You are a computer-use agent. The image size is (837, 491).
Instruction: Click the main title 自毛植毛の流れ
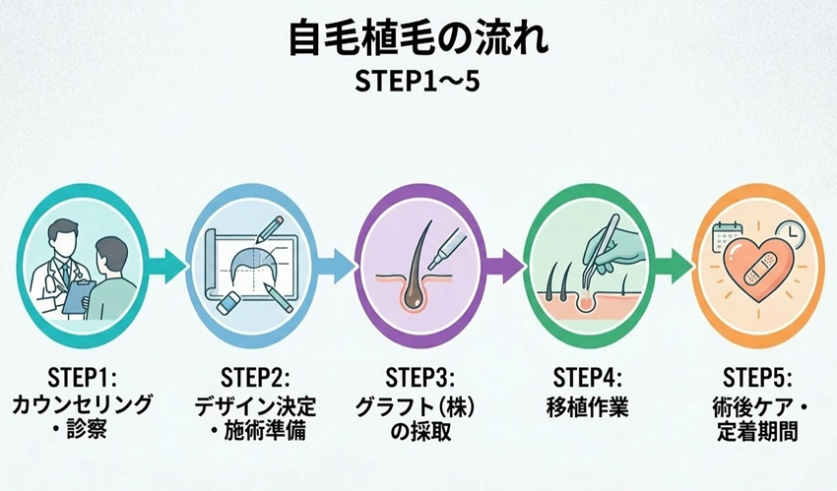(x=418, y=38)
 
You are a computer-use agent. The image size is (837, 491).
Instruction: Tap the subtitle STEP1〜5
(x=418, y=82)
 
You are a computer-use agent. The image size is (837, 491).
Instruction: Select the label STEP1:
(x=82, y=379)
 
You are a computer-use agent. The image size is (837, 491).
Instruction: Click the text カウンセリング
(x=82, y=405)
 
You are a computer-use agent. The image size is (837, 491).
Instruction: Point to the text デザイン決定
(x=255, y=406)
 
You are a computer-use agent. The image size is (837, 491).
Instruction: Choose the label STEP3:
(x=420, y=379)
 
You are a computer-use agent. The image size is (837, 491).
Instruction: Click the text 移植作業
(x=587, y=406)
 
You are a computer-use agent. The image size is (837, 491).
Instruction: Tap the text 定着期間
(x=757, y=431)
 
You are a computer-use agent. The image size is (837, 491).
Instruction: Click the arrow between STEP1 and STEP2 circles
(x=166, y=266)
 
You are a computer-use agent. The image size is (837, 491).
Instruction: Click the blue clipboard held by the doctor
(x=79, y=297)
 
